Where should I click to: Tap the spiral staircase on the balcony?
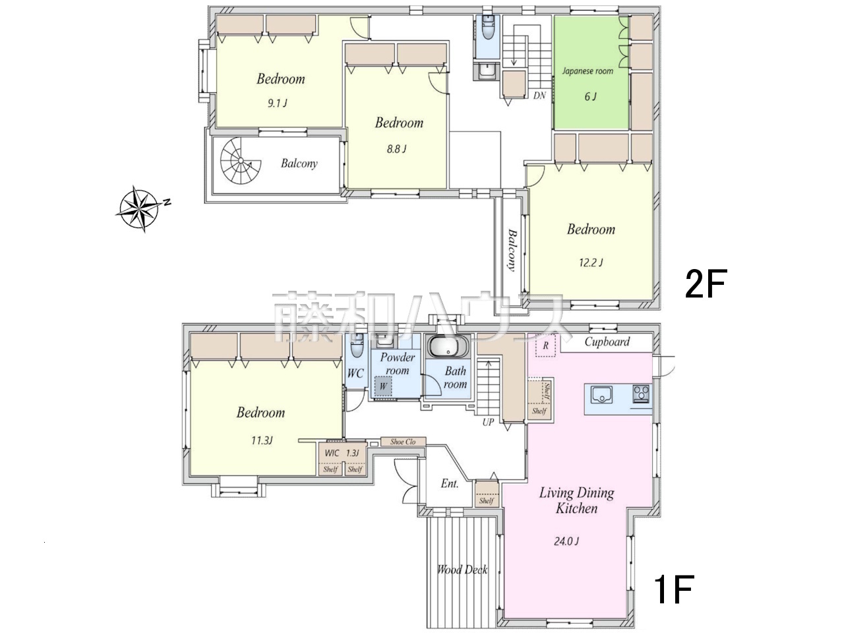241,161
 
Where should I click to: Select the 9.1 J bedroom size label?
277,103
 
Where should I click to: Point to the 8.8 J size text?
396,149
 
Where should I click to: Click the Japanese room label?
588,71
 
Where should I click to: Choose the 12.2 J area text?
591,262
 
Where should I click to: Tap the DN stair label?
539,96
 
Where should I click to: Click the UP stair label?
488,423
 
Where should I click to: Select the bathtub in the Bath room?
448,346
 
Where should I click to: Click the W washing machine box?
383,386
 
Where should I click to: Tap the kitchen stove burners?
641,394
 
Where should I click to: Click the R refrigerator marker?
545,346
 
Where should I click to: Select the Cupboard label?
607,342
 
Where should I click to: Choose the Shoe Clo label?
403,442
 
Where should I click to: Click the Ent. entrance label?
450,483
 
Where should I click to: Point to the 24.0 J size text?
566,541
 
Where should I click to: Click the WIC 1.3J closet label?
342,453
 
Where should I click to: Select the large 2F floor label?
706,284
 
